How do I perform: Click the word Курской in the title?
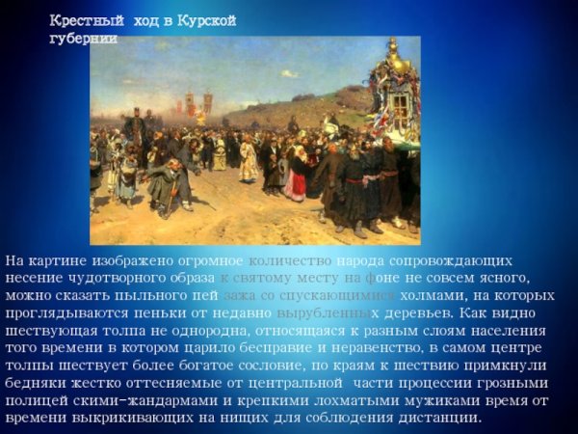click(x=206, y=21)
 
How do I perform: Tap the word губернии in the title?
click(x=83, y=39)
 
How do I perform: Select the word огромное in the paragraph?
click(x=203, y=261)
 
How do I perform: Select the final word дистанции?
click(x=433, y=418)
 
